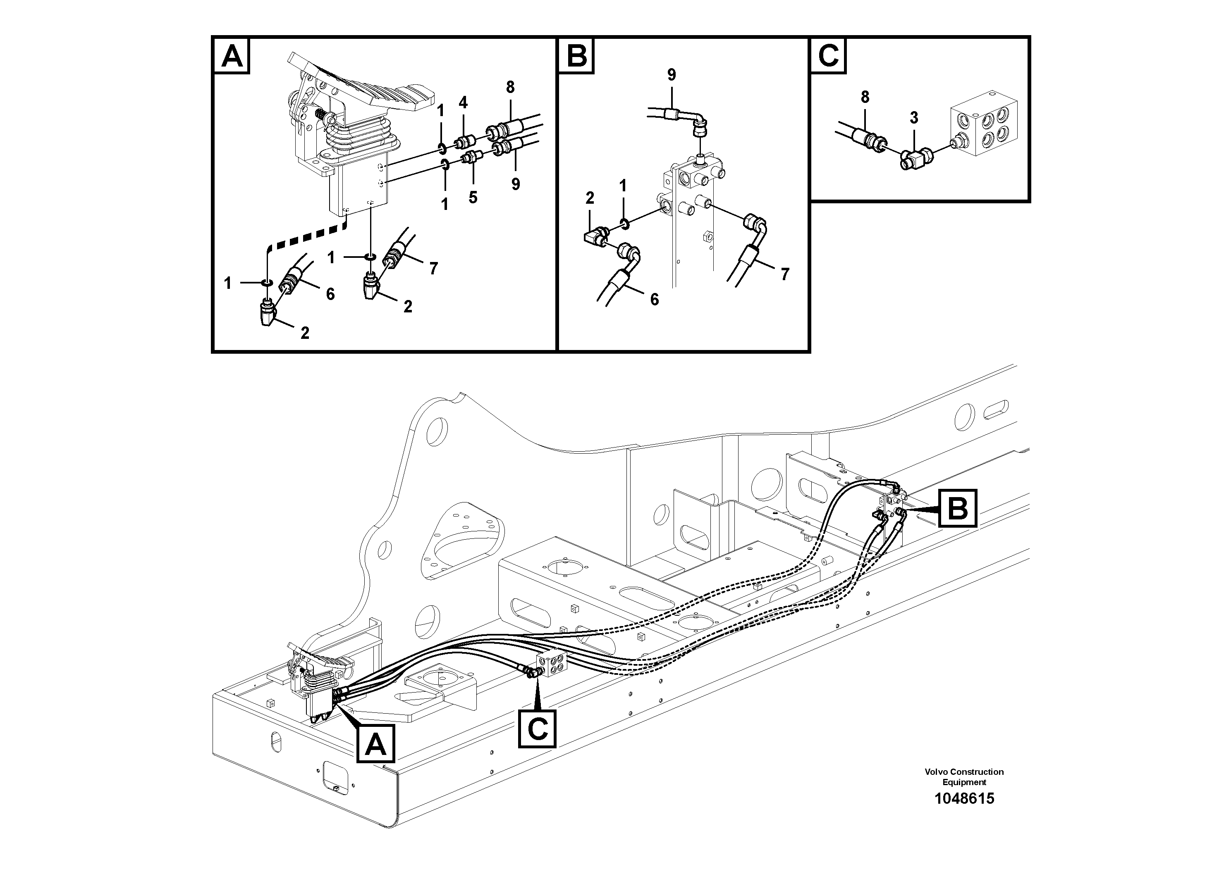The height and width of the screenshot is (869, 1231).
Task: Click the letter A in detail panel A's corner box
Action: [x=232, y=56]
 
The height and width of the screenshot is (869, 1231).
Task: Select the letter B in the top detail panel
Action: [x=576, y=56]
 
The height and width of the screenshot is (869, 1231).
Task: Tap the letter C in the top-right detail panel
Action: [x=828, y=56]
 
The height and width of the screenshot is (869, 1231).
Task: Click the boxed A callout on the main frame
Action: [x=375, y=744]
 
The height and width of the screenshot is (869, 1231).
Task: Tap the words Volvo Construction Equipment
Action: [x=964, y=777]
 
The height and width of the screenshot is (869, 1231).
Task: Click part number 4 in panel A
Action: [x=463, y=102]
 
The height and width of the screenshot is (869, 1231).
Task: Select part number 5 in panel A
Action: [x=472, y=198]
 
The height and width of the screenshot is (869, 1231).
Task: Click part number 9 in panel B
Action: [x=671, y=75]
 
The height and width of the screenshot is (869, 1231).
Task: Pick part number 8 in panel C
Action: [x=864, y=97]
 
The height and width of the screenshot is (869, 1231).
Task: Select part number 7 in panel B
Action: [x=784, y=275]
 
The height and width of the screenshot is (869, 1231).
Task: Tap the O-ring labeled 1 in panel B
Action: [x=624, y=222]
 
